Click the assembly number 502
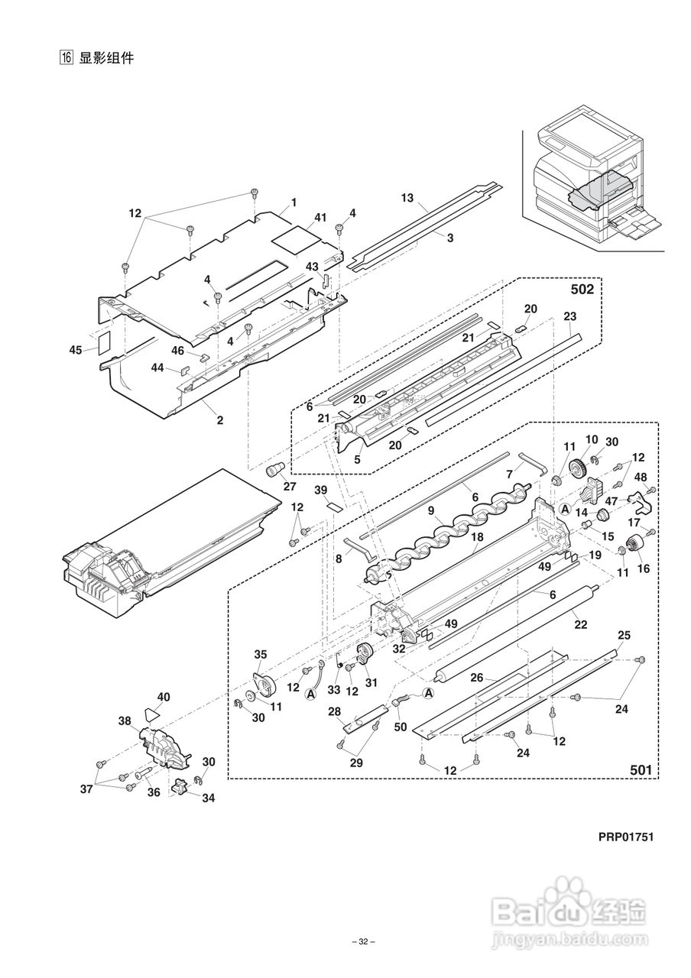(x=582, y=289)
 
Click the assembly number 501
(x=641, y=769)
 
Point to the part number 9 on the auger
(x=431, y=510)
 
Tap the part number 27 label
(x=290, y=486)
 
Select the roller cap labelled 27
(x=274, y=470)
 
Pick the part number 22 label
(x=580, y=625)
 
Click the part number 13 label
(x=407, y=198)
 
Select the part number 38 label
(x=125, y=721)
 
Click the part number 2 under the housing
(x=219, y=420)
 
